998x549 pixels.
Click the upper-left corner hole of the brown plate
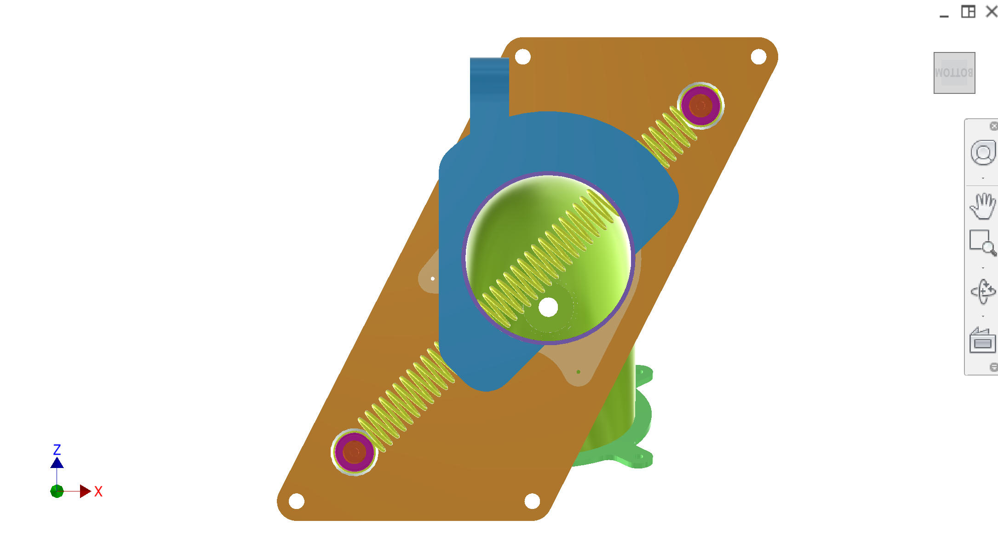pos(522,57)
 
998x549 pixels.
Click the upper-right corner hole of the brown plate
pos(758,57)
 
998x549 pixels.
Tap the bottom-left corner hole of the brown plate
pos(297,501)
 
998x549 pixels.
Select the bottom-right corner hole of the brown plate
pos(532,501)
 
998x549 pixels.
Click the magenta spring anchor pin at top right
pos(700,106)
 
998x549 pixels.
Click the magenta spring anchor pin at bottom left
pos(354,452)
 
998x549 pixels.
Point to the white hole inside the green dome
pos(548,307)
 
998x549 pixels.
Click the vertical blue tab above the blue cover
pos(489,87)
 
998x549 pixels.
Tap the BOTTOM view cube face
pos(954,73)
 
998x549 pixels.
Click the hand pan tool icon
pos(983,206)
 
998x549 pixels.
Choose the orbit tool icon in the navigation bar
pos(983,291)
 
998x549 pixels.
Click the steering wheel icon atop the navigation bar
pos(983,153)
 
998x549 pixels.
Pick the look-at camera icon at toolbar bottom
pos(982,341)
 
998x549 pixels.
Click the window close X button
pos(992,11)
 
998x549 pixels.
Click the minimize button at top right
pos(944,14)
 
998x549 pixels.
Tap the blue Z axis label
pos(57,450)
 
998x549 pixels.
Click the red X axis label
pos(98,491)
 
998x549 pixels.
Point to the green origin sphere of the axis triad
pos(57,491)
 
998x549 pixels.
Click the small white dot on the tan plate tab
pos(433,278)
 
